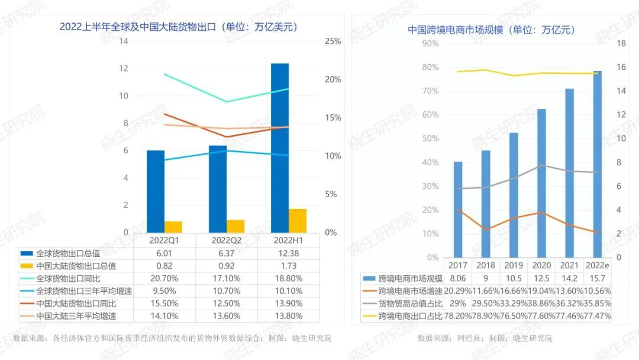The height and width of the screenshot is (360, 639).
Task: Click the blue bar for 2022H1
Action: click(280, 148)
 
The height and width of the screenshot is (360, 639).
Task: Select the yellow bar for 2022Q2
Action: click(235, 226)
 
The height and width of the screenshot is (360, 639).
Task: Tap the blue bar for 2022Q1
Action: click(156, 191)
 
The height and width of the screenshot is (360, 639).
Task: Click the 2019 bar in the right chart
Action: click(514, 195)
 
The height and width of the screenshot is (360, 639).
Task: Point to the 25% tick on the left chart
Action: click(333, 41)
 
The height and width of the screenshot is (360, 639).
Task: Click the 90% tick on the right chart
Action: click(430, 43)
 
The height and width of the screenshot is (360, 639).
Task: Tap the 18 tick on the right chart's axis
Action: click(621, 43)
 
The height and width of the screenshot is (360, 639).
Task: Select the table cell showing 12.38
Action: click(288, 253)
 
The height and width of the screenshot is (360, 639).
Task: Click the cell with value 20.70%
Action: click(164, 278)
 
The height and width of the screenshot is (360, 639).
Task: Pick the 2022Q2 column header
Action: click(226, 241)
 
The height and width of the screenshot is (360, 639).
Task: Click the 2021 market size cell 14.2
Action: click(569, 278)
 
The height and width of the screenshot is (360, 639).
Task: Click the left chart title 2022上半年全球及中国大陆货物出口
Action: click(178, 27)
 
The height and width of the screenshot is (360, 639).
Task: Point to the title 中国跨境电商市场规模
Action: click(492, 30)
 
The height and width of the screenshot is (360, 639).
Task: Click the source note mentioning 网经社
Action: click(485, 338)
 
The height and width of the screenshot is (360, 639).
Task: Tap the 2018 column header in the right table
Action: click(486, 265)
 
